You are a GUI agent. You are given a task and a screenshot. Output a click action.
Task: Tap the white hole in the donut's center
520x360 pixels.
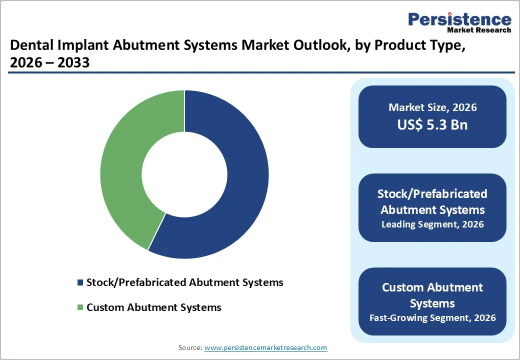184,174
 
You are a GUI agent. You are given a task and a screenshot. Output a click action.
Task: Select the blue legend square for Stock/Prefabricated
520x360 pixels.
80,283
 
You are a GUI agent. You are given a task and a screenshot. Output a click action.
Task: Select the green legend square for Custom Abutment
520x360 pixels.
80,307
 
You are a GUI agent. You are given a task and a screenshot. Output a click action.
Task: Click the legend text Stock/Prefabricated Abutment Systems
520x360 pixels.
184,282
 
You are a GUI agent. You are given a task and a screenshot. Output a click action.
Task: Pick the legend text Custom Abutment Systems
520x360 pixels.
153,307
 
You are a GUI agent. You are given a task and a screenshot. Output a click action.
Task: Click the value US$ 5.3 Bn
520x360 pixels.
432,124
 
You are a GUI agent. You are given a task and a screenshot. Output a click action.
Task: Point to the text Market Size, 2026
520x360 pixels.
432,107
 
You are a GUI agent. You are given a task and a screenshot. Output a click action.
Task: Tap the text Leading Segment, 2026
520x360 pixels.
432,224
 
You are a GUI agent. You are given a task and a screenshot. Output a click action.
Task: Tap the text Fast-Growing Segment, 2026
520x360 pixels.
432,317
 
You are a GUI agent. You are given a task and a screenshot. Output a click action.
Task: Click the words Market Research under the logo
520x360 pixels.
482,30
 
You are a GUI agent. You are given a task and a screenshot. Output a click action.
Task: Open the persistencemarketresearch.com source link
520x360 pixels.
265,347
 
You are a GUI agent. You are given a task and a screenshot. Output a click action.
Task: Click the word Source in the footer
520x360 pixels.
190,347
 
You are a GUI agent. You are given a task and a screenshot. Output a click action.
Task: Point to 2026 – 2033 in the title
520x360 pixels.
49,62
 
